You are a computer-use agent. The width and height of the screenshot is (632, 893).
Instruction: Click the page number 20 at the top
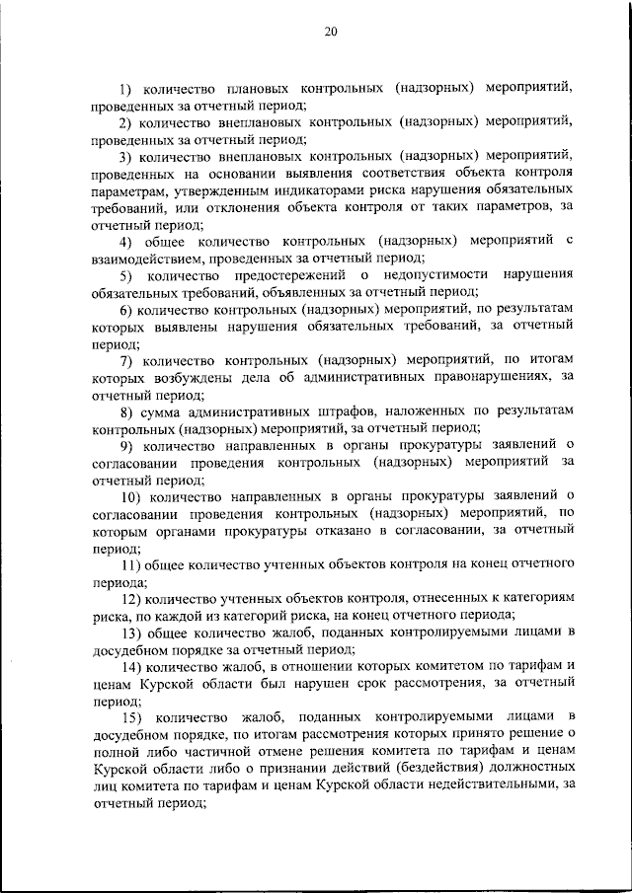pos(331,33)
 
